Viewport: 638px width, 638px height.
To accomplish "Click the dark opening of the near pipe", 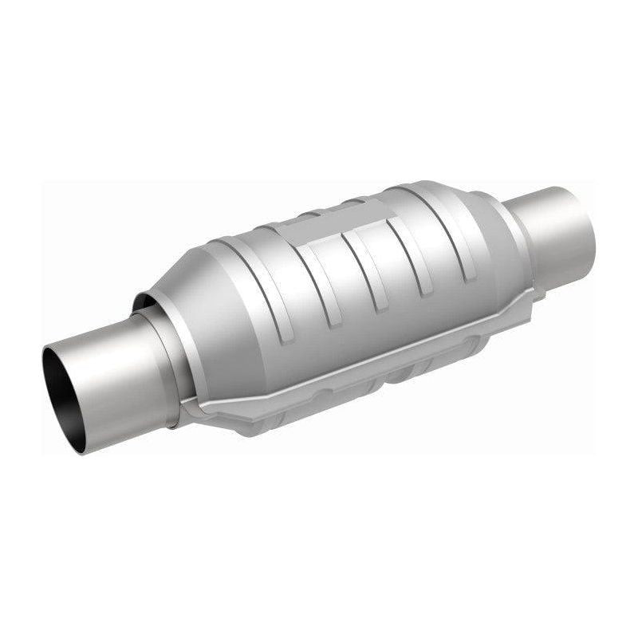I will click(x=64, y=391).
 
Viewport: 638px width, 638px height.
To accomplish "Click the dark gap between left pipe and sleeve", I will click(x=144, y=303).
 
